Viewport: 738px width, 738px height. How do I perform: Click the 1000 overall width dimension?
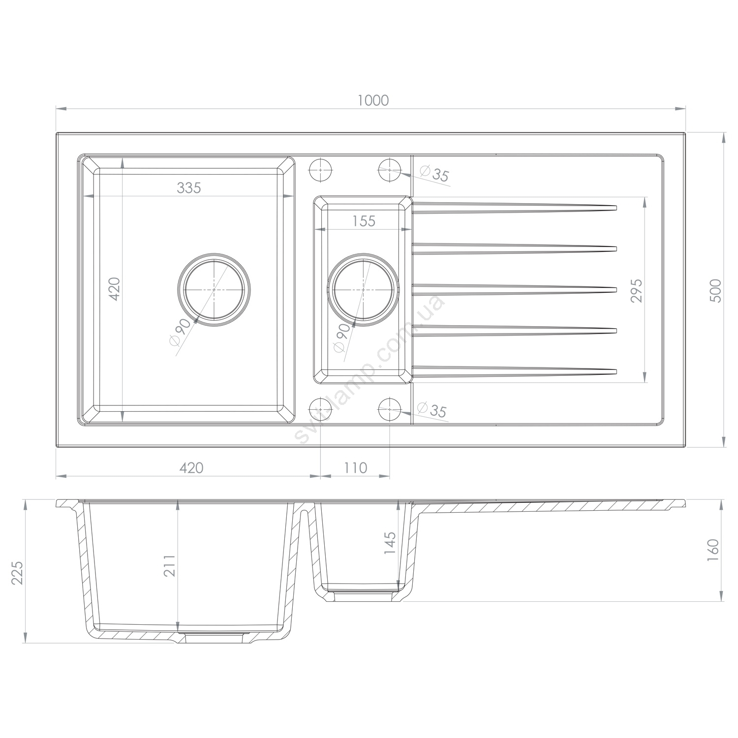point(373,100)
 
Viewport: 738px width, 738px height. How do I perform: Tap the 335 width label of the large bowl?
point(189,187)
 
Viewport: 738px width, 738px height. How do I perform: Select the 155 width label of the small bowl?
point(364,221)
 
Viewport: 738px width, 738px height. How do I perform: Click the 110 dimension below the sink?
point(356,467)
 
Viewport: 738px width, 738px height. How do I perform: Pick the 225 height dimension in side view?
point(18,572)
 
